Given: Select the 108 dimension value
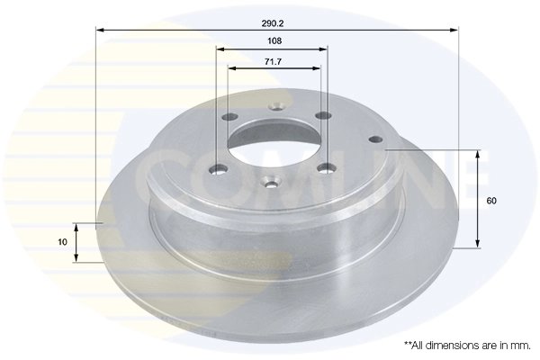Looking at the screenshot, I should point(274,40).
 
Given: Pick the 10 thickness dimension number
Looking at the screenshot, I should point(62,242).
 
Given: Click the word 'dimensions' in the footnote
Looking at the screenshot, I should point(450,345).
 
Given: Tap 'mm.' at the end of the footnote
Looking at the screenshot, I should point(520,345).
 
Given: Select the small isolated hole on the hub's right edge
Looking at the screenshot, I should point(375,139).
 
